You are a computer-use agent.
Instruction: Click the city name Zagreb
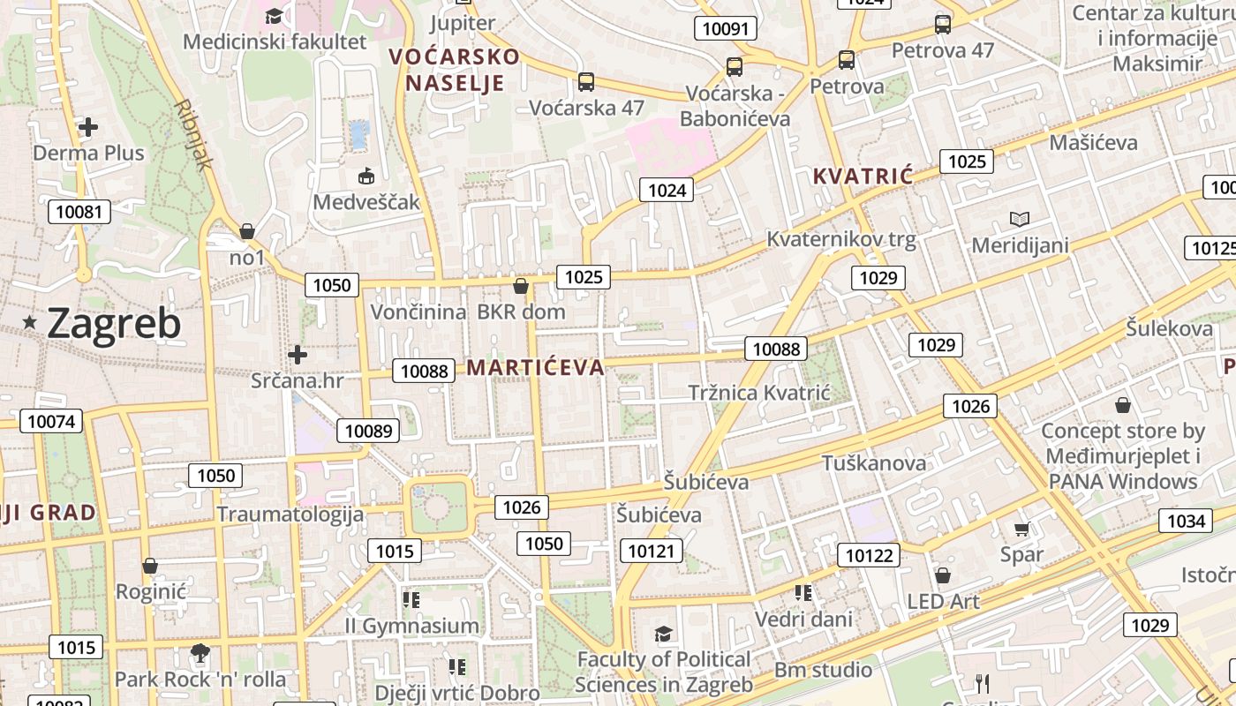(114, 324)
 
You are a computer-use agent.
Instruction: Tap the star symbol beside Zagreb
(30, 323)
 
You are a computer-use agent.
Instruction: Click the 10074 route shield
(51, 421)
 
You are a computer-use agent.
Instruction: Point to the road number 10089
(367, 431)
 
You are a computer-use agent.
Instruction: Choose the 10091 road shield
(726, 28)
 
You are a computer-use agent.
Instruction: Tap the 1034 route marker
(1186, 521)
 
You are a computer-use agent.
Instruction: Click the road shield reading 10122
(870, 555)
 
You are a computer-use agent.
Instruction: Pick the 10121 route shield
(652, 552)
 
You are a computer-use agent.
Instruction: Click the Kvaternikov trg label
(840, 238)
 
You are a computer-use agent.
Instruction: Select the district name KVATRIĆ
(862, 176)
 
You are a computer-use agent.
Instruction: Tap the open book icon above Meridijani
(1020, 219)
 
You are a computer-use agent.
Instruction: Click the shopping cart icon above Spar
(1021, 529)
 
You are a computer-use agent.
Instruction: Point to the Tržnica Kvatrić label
(759, 392)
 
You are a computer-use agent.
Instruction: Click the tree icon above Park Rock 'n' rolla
(200, 653)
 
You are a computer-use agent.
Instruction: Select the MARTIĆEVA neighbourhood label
(535, 367)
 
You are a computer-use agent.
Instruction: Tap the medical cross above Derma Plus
(88, 127)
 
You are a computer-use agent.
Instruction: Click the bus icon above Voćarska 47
(585, 82)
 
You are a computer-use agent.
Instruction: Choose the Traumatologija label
(290, 514)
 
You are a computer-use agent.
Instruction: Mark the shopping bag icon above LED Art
(943, 576)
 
